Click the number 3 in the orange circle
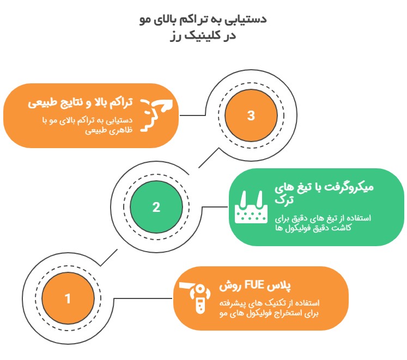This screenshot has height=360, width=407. click(251, 115)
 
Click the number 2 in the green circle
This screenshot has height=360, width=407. click(156, 207)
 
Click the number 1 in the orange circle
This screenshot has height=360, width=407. click(68, 298)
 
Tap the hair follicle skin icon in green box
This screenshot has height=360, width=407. click(251, 207)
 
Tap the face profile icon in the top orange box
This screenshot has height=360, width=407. click(156, 115)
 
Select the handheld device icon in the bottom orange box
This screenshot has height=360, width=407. click(195, 298)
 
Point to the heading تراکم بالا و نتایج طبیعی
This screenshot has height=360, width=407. click(80, 103)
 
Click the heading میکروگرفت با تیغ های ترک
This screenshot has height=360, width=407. click(324, 193)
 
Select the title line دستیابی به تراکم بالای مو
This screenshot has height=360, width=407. click(203, 20)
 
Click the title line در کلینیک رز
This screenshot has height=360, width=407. click(203, 35)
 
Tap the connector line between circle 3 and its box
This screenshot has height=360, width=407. click(192, 115)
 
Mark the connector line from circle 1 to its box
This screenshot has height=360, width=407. click(143, 298)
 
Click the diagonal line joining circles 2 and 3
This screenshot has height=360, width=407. click(209, 158)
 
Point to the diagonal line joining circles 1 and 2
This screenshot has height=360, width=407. click(109, 258)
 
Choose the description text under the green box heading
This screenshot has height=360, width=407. click(323, 223)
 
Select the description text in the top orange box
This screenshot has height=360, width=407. click(88, 125)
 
